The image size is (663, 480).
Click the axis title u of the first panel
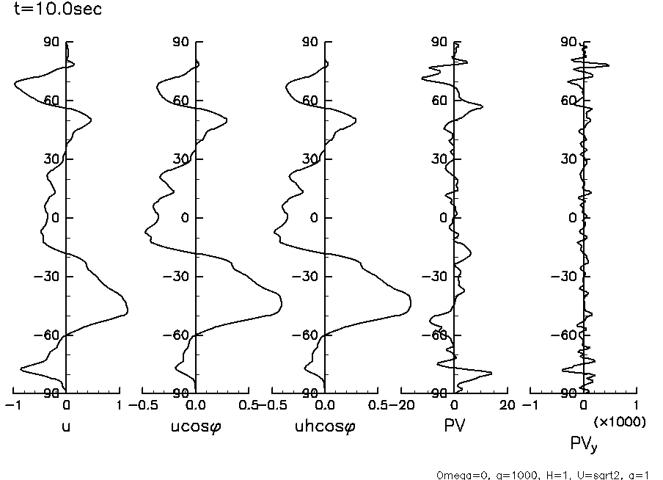67,425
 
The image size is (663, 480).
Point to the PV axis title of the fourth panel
455,425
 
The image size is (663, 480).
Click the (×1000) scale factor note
620,422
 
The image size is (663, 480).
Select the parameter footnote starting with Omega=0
543,474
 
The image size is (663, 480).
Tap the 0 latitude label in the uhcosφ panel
314,218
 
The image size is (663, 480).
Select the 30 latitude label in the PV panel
439,159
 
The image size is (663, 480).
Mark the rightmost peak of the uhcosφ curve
411,303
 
